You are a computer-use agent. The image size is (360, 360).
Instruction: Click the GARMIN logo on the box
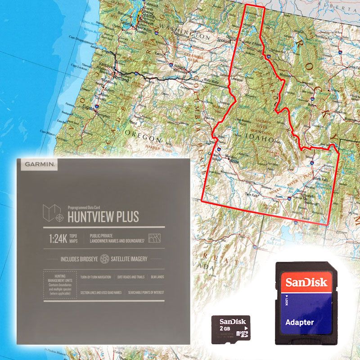tap(40, 165)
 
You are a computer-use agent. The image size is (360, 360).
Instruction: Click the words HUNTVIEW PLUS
tap(103, 216)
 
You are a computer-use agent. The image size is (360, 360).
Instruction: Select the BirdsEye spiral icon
tap(104, 259)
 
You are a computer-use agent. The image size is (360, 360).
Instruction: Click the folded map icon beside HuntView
tap(53, 213)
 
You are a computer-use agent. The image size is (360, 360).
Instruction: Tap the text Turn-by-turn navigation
tap(96, 277)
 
